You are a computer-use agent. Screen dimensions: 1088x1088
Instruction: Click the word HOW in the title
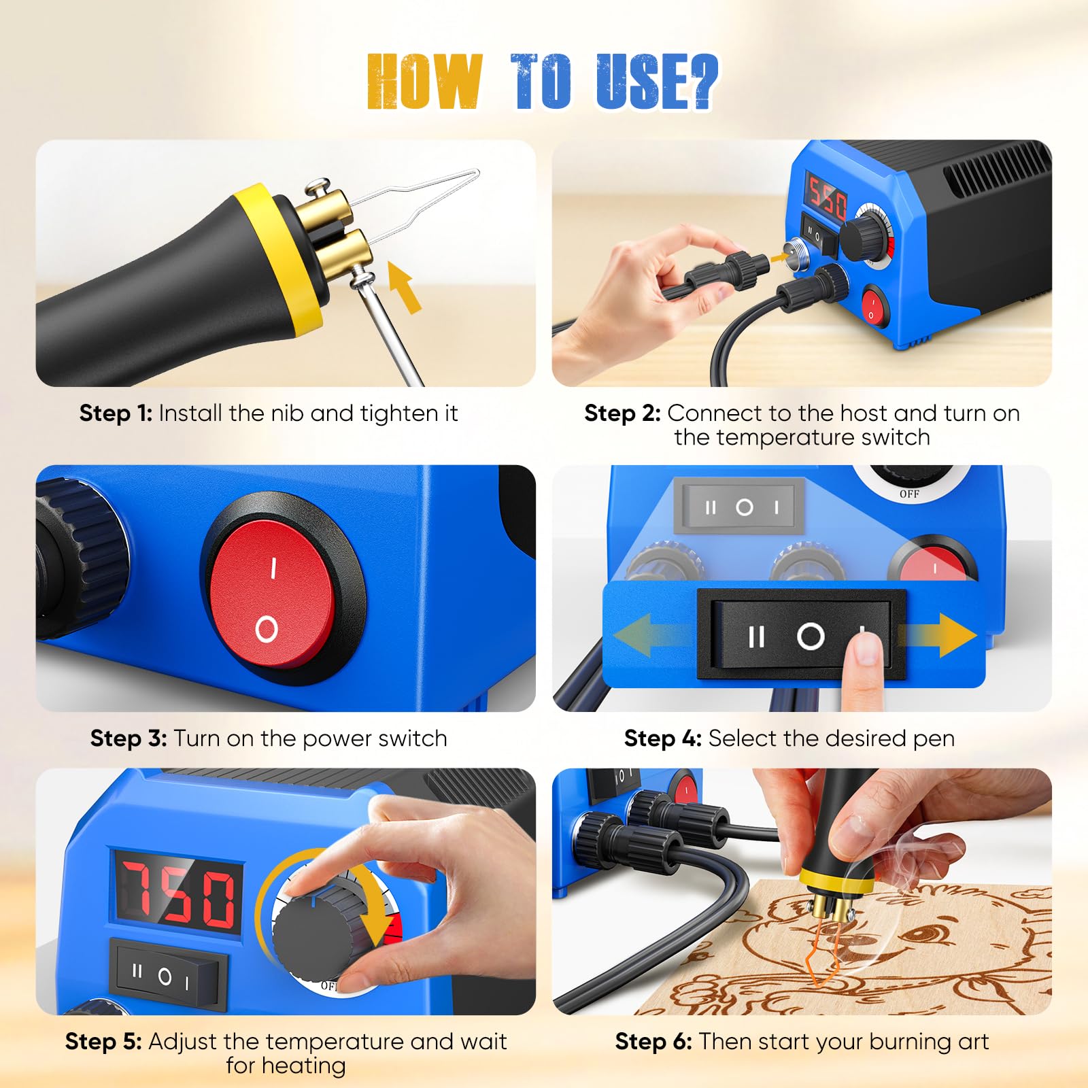[x=424, y=82]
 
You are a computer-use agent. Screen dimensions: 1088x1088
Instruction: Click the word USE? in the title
[x=657, y=82]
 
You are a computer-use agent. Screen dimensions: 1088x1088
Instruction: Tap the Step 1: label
[x=116, y=413]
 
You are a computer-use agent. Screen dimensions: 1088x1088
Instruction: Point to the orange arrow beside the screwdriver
[x=404, y=288]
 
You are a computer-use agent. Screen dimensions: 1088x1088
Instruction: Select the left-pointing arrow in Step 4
[x=653, y=636]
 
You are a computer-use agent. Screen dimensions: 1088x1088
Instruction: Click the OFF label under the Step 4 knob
[x=909, y=494]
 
